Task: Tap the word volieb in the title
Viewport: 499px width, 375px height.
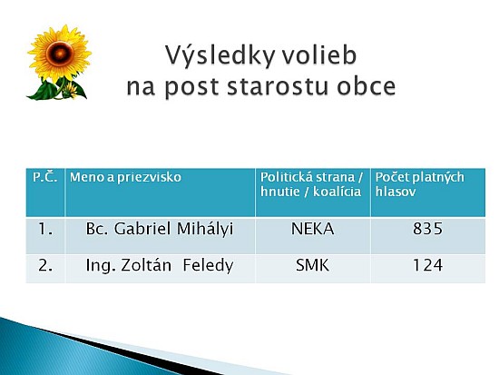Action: coord(319,54)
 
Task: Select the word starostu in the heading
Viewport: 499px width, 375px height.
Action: coord(278,86)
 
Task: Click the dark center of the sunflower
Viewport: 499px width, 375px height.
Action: coord(60,54)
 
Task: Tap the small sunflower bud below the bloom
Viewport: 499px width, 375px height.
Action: coord(71,91)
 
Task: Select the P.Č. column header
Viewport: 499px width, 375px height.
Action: coord(44,177)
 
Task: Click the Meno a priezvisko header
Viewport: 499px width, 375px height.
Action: coord(125,177)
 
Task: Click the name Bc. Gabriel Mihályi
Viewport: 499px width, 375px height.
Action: coord(160,229)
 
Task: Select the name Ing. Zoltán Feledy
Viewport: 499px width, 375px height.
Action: coord(160,265)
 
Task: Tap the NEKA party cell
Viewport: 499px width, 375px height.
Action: coord(312,229)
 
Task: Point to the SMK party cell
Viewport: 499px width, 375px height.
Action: coord(312,265)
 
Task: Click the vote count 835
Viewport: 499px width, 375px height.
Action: coord(427,229)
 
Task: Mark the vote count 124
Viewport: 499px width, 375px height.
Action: coord(427,265)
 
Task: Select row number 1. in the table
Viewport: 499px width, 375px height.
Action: coord(45,229)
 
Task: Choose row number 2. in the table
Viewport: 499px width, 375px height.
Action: coord(45,265)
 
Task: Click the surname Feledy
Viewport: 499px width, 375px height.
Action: coord(208,266)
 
